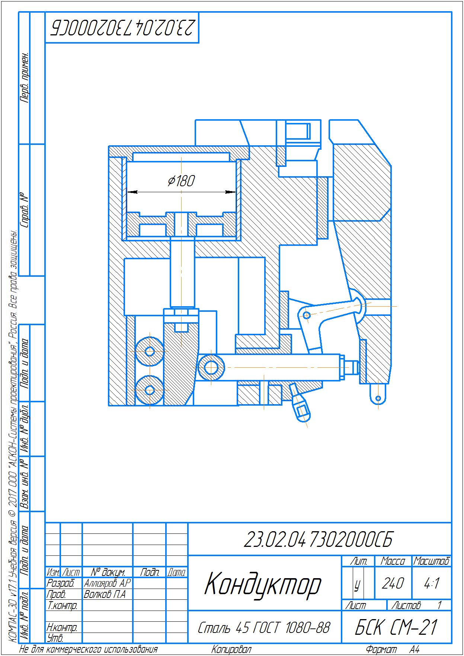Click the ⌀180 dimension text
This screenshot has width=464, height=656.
(x=181, y=181)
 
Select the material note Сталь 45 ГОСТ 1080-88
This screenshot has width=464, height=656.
(x=264, y=628)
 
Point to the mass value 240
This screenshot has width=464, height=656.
(x=393, y=583)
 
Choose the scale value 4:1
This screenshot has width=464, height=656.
(x=432, y=583)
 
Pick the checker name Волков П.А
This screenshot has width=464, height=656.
(x=105, y=594)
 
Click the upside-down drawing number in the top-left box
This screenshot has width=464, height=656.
(x=122, y=28)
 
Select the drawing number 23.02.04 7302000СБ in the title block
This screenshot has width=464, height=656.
(x=318, y=539)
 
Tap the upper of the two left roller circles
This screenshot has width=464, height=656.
(x=150, y=351)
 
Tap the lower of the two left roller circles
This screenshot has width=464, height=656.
(x=150, y=390)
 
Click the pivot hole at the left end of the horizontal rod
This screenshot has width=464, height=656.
(x=211, y=367)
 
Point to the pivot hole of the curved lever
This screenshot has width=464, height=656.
(x=307, y=315)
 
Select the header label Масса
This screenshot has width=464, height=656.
(x=393, y=561)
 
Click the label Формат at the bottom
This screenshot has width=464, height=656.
(x=381, y=650)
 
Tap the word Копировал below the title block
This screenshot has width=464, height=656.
(x=231, y=650)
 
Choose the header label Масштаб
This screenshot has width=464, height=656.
(x=432, y=561)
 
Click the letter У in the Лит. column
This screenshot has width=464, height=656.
(x=357, y=584)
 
